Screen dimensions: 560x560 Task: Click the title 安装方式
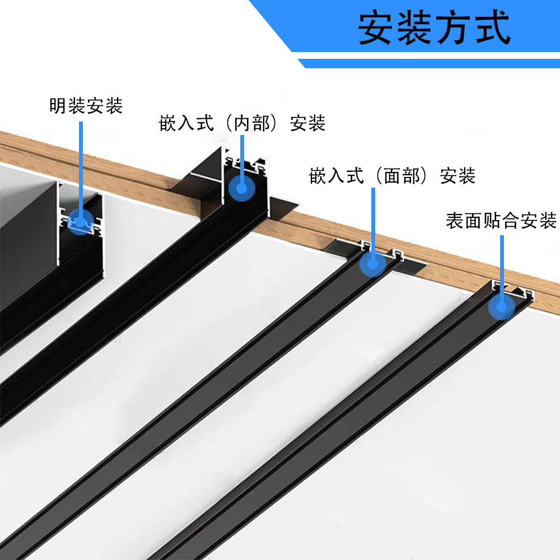434,27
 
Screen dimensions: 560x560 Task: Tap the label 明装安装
86,105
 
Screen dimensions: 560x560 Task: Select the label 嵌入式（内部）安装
242,123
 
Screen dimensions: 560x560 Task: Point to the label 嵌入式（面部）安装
392,176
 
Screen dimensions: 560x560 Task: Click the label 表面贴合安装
501,221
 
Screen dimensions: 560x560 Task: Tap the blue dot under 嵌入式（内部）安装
241,188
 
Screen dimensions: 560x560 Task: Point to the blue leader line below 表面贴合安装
502,263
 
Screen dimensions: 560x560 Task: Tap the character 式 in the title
492,28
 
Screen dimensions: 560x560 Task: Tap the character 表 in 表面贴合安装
454,221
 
